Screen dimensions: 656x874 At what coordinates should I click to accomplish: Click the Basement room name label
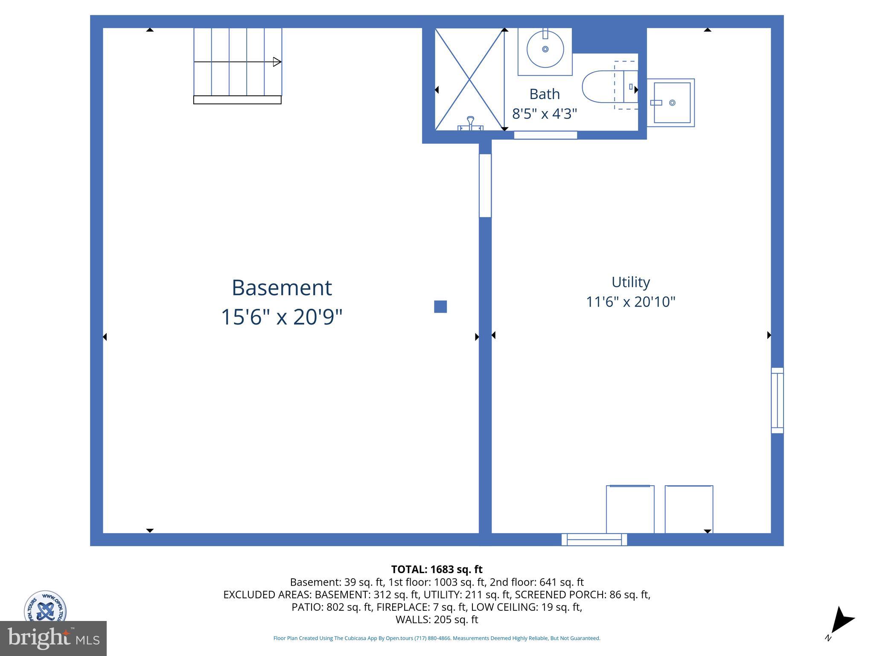click(x=282, y=287)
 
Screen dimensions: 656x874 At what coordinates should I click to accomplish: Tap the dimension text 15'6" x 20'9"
click(x=282, y=317)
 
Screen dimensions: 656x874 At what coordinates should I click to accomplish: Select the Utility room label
click(x=630, y=282)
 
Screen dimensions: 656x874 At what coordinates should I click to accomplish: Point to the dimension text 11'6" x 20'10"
click(x=630, y=302)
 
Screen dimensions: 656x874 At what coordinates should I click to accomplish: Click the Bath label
click(x=545, y=94)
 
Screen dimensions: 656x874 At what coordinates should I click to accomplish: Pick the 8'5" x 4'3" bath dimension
click(x=545, y=114)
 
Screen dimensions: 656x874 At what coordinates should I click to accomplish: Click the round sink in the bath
click(x=545, y=49)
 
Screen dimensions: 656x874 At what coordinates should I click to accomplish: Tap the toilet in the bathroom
click(x=606, y=87)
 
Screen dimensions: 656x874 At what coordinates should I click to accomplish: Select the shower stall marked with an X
click(x=469, y=79)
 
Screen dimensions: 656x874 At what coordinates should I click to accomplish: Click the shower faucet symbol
click(x=470, y=124)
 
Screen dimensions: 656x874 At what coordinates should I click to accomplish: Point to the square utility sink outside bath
click(x=672, y=102)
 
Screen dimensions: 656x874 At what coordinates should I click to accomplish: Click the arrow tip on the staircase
click(x=277, y=62)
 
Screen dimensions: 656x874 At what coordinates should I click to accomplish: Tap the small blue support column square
click(x=440, y=307)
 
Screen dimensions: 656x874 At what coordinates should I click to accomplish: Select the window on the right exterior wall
click(x=777, y=401)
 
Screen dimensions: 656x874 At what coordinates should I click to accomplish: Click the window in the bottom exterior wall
click(x=594, y=540)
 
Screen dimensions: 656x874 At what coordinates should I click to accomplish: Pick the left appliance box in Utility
click(x=630, y=509)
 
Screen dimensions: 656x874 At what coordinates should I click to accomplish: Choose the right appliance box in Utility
click(x=689, y=509)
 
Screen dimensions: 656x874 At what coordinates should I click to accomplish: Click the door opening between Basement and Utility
click(x=485, y=186)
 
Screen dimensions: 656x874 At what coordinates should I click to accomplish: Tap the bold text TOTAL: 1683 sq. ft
click(x=437, y=569)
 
